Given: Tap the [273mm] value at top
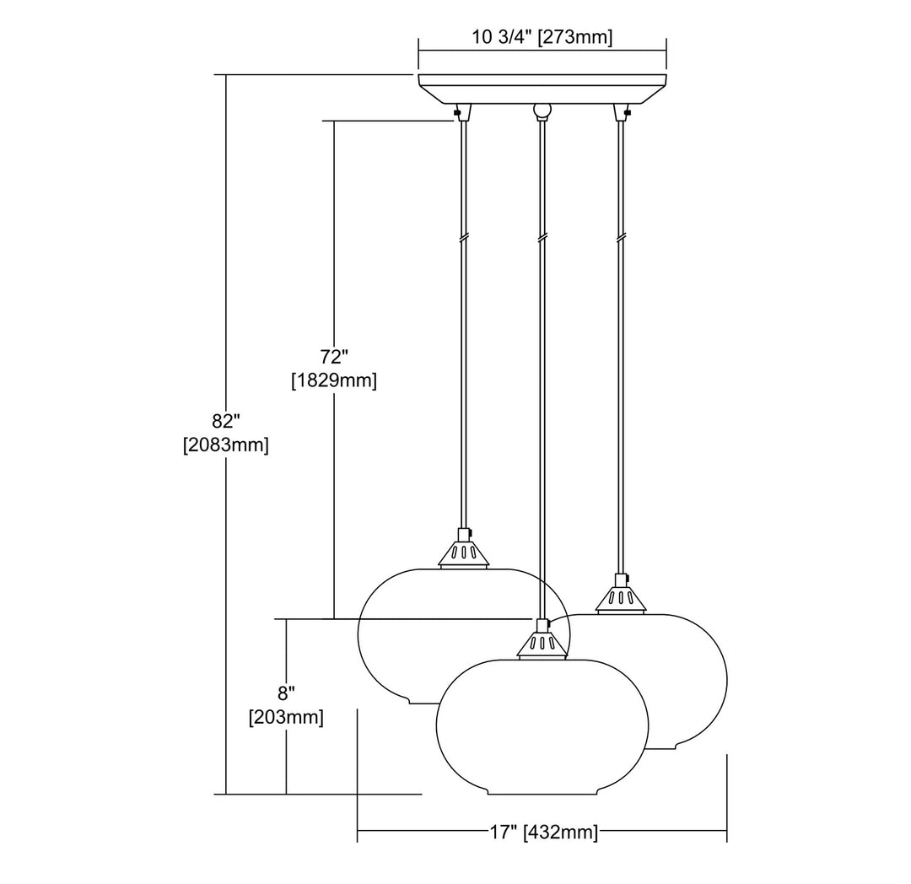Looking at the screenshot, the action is click(x=575, y=38).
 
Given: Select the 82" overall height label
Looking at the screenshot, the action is click(x=226, y=421).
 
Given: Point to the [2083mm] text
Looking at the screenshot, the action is click(x=226, y=445).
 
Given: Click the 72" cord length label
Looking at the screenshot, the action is click(x=334, y=356).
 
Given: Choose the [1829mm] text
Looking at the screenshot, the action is click(x=334, y=381).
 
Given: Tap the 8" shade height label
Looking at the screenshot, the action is click(x=286, y=693).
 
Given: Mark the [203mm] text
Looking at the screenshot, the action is click(x=286, y=718).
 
